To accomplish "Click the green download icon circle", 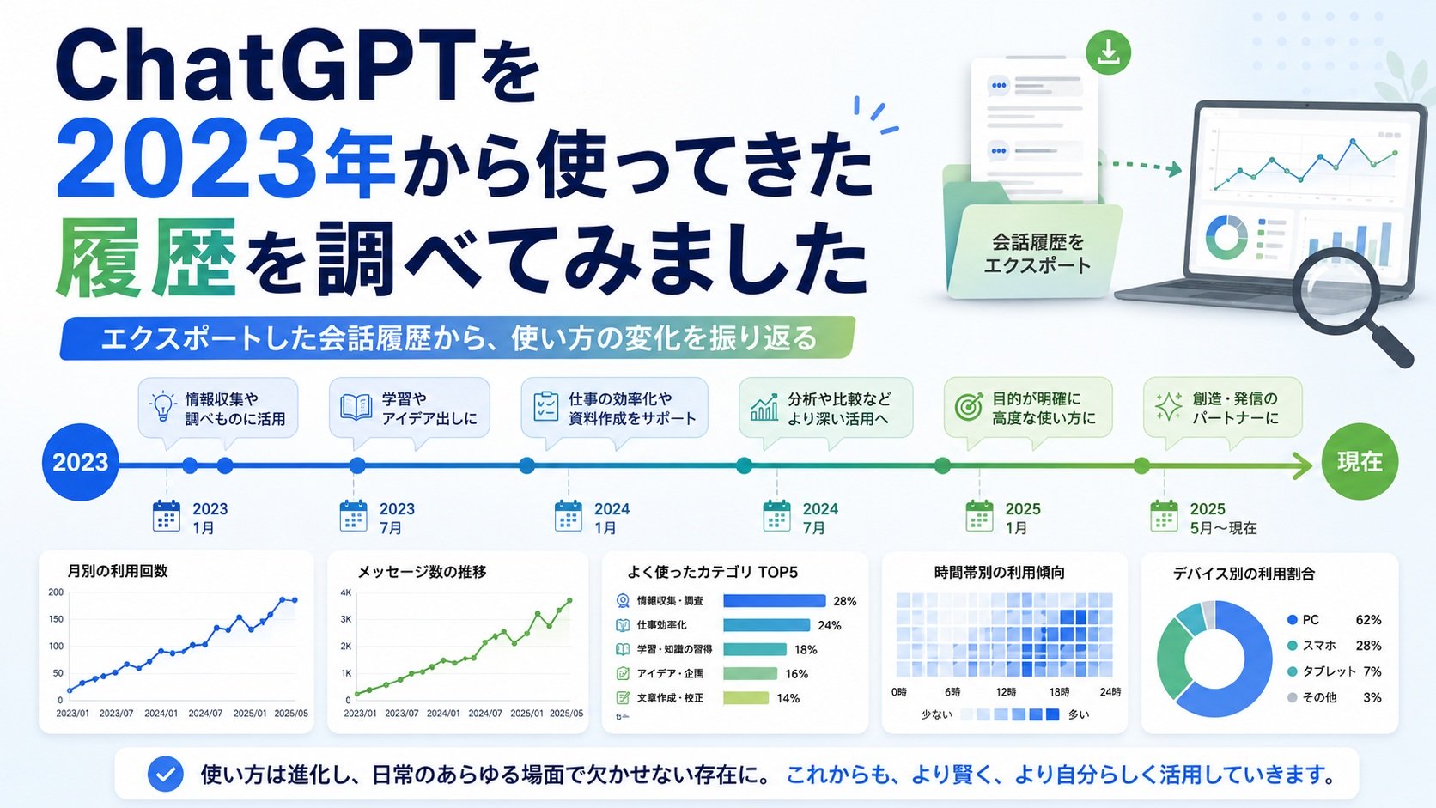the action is (1109, 52).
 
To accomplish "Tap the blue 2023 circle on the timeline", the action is (80, 462).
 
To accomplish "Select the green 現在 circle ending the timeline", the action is (1360, 462).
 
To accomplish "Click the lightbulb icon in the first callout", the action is (163, 407).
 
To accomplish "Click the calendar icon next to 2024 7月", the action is (776, 516).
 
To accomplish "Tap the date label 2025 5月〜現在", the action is (1223, 519).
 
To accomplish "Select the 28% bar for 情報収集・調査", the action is (774, 601).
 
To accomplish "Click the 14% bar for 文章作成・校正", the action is (745, 698).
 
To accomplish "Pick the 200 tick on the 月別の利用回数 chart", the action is (56, 592).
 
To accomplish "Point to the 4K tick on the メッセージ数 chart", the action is (346, 592).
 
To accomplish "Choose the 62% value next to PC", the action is (1368, 620).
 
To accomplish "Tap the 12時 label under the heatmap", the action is (1006, 692).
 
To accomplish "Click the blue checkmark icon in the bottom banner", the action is (166, 774).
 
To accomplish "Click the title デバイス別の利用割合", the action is (1244, 574).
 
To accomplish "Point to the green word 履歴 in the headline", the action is (145, 258).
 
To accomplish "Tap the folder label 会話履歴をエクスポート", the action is (1037, 254).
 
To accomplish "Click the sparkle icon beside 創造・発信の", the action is (1168, 407).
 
